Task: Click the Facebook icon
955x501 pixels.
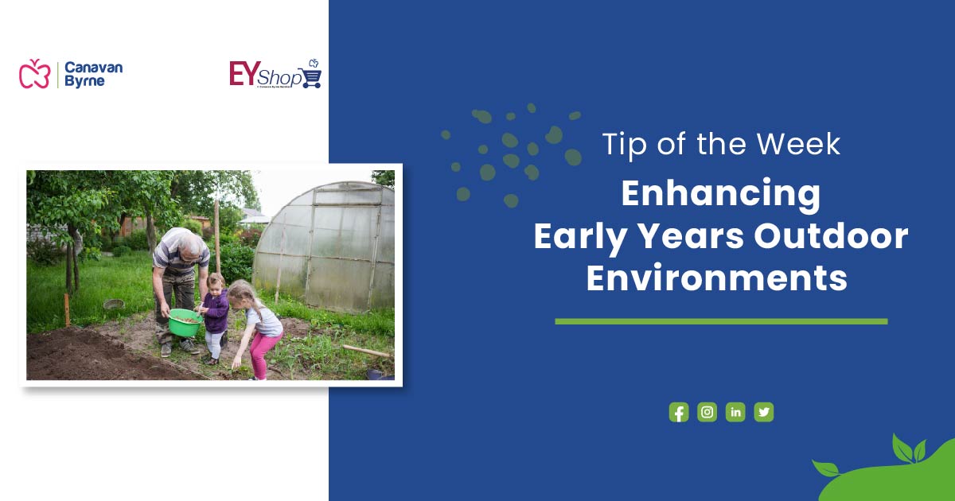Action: click(678, 412)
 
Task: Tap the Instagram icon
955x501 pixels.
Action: click(707, 412)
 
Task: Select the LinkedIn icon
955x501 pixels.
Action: click(735, 412)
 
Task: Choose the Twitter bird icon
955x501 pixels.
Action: click(764, 412)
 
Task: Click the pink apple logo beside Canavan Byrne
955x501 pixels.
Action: click(34, 73)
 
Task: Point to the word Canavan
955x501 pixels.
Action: click(93, 67)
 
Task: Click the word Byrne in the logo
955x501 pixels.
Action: click(84, 81)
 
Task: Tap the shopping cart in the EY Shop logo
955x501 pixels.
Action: click(311, 77)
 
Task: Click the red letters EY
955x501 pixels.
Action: click(242, 73)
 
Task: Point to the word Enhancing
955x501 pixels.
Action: click(720, 194)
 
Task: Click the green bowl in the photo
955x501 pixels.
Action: click(185, 322)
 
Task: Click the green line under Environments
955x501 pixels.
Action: click(720, 321)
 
